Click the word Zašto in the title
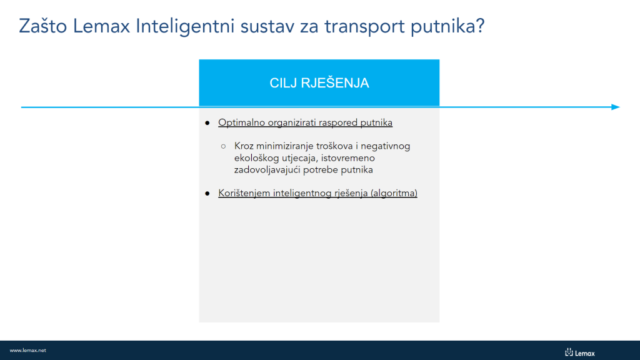43,26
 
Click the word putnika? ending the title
447,27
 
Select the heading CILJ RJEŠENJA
319,83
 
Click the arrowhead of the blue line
616,107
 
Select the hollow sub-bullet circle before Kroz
223,146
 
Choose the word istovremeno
347,158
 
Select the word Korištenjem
244,193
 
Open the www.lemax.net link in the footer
27,350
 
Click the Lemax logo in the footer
580,352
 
